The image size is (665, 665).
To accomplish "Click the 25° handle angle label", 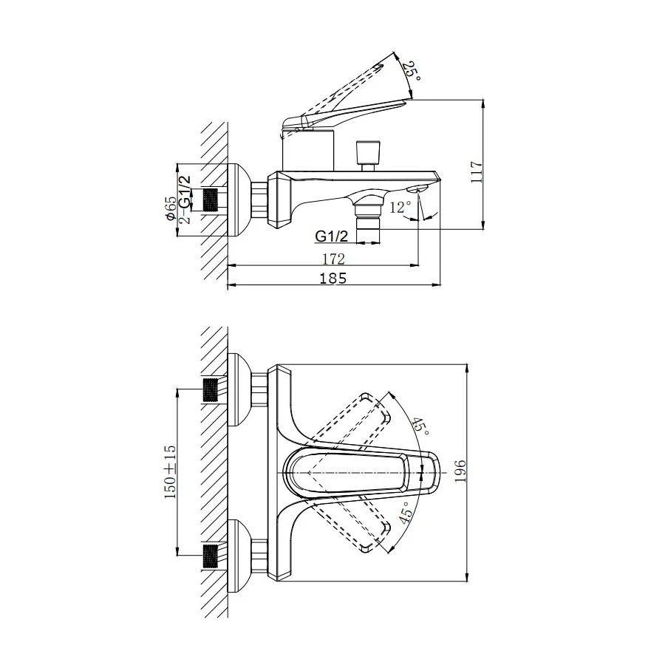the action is [412, 72].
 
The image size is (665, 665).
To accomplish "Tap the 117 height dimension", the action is [477, 171].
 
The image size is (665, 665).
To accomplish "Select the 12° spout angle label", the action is [400, 208].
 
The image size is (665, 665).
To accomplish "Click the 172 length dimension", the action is [334, 259].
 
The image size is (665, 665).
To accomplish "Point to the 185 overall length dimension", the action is [333, 279].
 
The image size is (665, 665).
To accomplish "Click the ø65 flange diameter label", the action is [171, 208].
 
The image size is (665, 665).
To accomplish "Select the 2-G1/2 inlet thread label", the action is [185, 199].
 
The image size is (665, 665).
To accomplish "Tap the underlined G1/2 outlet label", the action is [332, 236].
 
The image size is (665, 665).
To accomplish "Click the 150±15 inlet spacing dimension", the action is [170, 471].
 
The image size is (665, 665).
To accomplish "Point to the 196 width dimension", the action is [460, 471].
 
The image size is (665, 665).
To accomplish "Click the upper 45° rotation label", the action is [420, 426].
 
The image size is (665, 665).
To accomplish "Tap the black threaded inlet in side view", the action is [211, 199].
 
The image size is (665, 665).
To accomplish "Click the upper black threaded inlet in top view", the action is [211, 390].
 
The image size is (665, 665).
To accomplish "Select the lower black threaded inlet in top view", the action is [211, 556].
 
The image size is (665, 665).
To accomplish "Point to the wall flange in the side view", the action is [239, 199].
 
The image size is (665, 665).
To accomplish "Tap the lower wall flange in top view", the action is [239, 556].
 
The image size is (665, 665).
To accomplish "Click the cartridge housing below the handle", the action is [309, 150].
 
